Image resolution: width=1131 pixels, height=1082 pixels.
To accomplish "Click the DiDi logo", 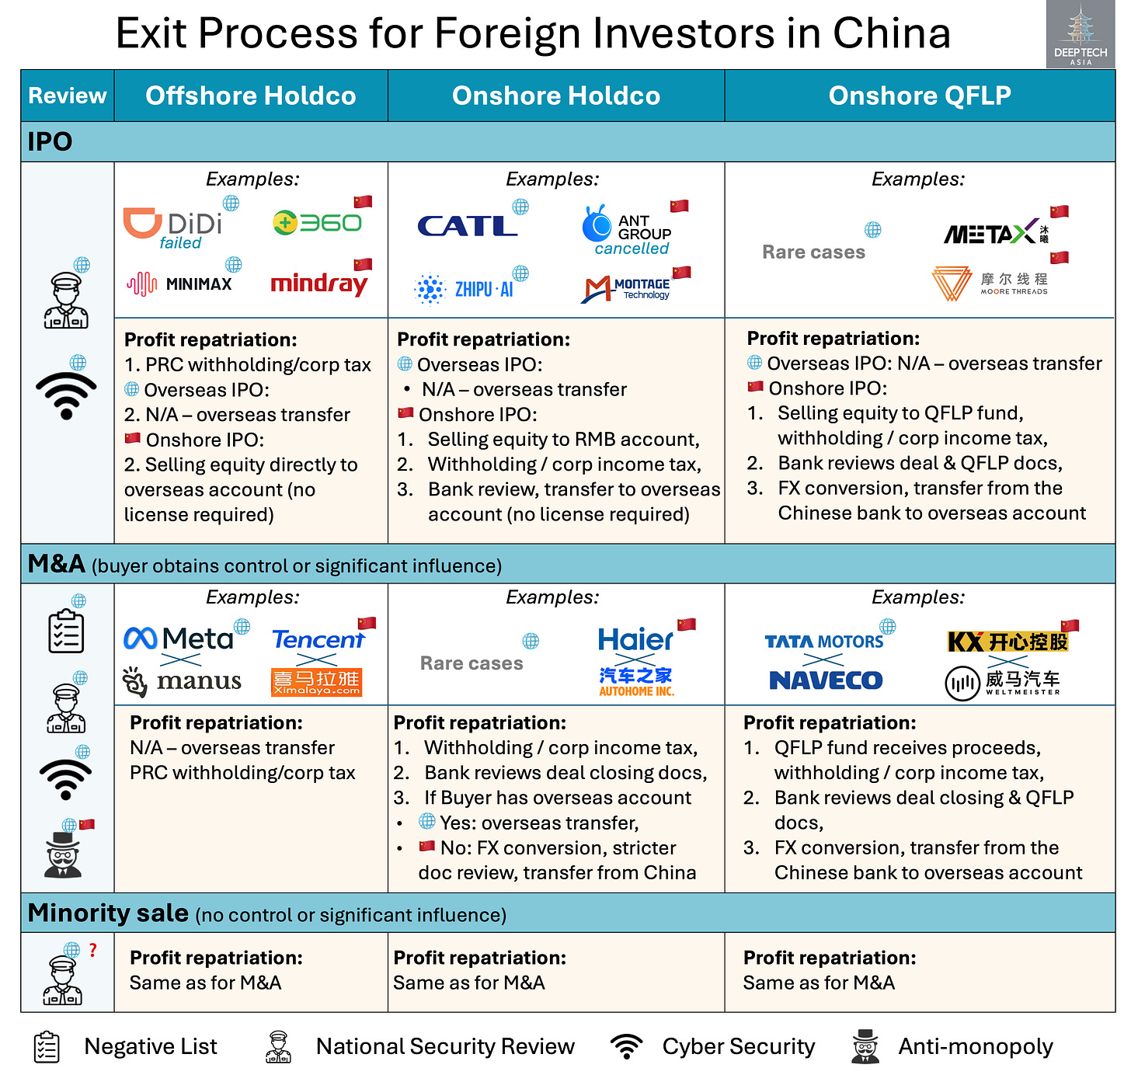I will pos(172,224).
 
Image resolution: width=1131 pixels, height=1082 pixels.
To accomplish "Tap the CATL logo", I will pos(467,226).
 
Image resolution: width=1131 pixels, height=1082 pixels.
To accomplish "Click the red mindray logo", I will pos(318,284).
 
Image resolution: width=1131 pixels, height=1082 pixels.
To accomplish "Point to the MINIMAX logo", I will pos(179,284).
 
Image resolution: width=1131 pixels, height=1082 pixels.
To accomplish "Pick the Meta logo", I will pos(179,638).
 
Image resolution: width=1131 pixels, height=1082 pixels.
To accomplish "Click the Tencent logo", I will pos(318,639).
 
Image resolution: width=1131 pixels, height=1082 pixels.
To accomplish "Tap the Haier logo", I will pos(635,639).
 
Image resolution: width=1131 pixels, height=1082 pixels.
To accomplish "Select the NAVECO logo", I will pos(825,680).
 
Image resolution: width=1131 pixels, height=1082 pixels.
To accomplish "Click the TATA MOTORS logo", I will pos(823,642).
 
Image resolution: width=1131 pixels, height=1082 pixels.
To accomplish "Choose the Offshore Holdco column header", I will pos(250,96).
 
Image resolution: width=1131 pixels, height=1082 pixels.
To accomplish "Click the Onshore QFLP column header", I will pos(919,96).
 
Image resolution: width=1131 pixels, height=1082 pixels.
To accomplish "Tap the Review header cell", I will pos(68,96).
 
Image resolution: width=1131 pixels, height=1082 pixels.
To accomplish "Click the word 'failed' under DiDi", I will pos(180,243).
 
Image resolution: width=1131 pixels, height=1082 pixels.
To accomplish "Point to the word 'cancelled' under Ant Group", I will pos(632,249).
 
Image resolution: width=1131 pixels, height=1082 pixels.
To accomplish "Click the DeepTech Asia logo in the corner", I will pos(1081,35).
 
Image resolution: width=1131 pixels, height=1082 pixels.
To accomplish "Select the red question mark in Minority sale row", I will pos(92,950).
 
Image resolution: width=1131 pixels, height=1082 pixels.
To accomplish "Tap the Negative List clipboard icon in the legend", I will pos(47,1047).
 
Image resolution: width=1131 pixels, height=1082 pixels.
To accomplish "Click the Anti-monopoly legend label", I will pos(975,1047).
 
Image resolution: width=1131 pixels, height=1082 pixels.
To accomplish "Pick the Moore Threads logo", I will pos(990,284).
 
